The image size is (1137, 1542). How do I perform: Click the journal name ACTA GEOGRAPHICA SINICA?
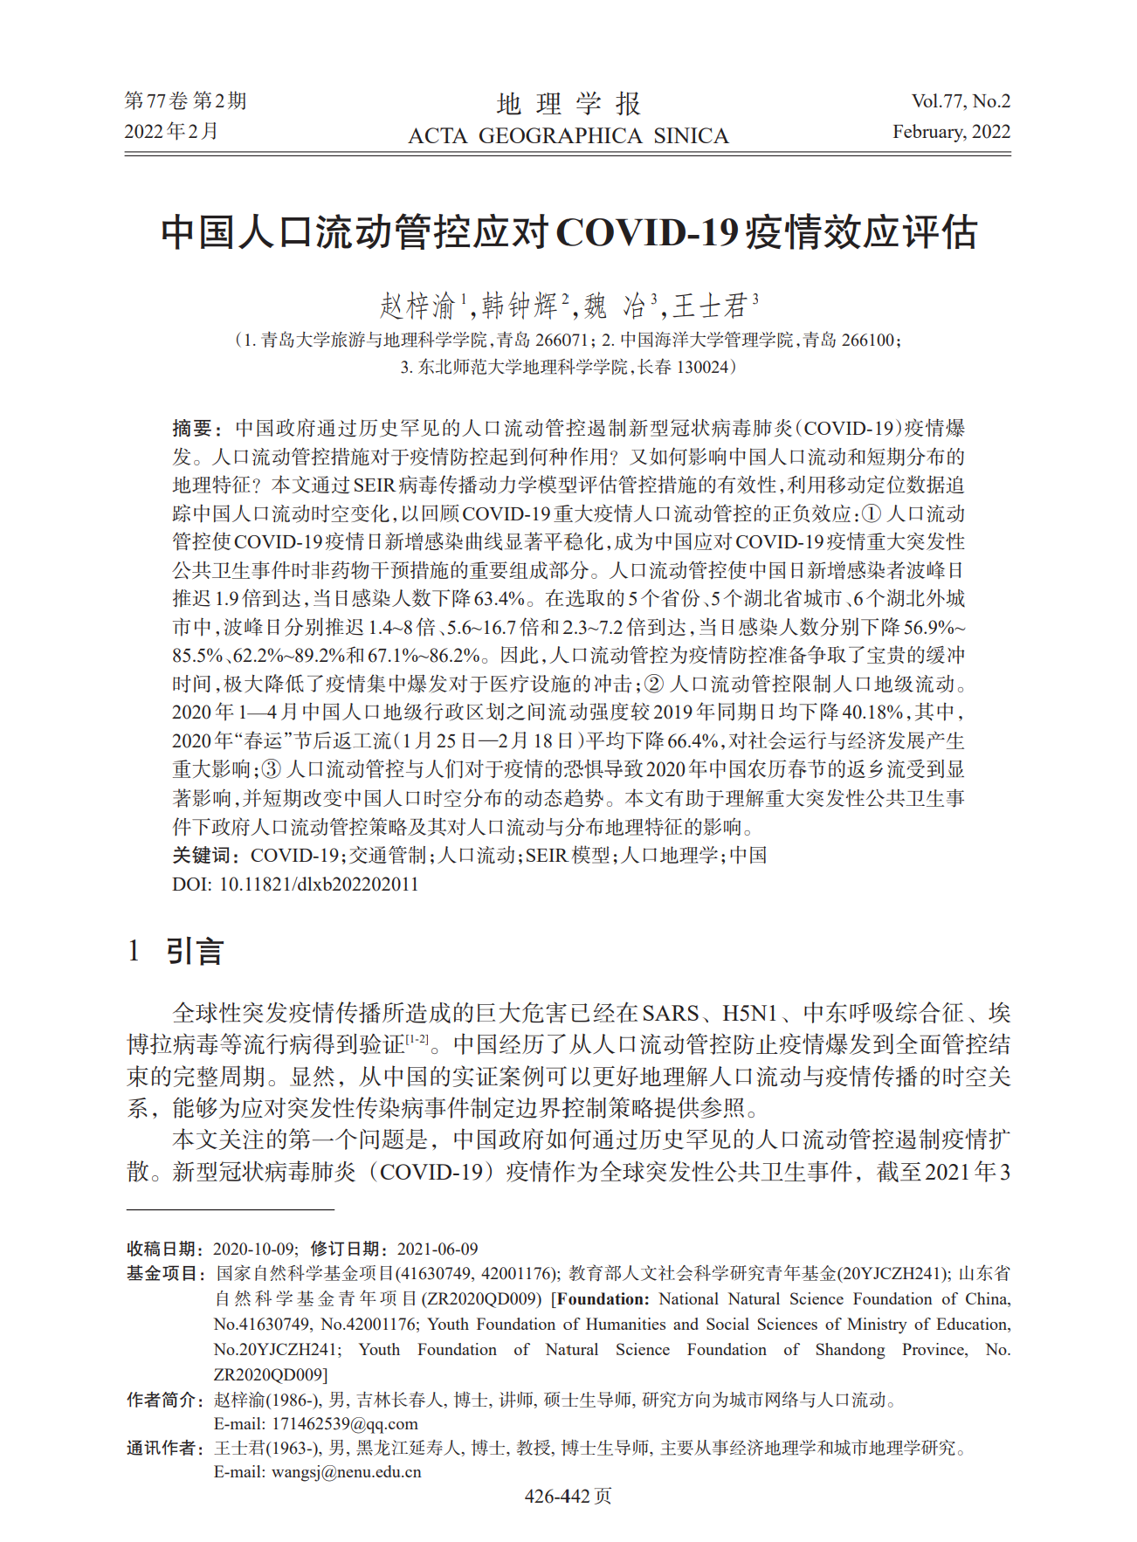click(568, 136)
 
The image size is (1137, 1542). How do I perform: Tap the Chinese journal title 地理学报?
click(568, 104)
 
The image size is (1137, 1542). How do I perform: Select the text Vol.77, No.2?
click(961, 101)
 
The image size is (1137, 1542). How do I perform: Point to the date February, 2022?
click(951, 132)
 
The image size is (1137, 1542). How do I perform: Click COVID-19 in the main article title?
click(647, 233)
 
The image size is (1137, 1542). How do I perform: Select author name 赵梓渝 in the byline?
click(418, 306)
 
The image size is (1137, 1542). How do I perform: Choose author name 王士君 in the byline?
click(710, 306)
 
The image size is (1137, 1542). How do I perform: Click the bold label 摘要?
click(193, 428)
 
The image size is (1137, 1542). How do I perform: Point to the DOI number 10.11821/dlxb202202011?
click(318, 884)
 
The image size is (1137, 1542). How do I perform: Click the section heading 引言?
click(195, 951)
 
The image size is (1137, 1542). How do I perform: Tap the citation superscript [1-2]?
click(417, 1038)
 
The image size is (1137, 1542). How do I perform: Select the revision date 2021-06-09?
click(437, 1249)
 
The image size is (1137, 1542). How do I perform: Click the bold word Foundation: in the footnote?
click(603, 1299)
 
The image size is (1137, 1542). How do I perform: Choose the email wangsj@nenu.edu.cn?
click(347, 1471)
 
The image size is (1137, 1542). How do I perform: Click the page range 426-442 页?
click(568, 1496)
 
